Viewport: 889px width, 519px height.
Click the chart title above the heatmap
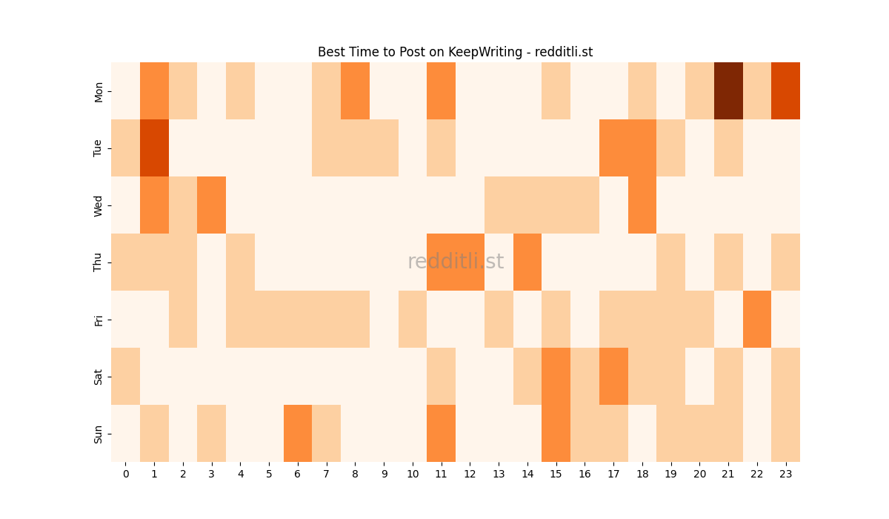click(x=455, y=52)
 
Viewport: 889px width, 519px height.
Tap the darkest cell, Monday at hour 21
click(x=728, y=90)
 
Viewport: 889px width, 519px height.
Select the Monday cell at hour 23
click(x=785, y=90)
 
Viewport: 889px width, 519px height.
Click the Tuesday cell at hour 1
click(x=154, y=148)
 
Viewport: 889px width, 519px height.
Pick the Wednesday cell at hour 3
click(x=212, y=205)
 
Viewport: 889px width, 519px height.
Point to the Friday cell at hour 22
click(x=757, y=319)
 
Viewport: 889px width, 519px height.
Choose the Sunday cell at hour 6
click(x=298, y=433)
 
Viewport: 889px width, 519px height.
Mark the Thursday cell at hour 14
click(x=527, y=262)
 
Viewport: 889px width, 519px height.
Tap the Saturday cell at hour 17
click(x=613, y=376)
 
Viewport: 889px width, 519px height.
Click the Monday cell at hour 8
click(x=355, y=90)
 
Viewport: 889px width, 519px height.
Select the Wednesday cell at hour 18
click(x=642, y=205)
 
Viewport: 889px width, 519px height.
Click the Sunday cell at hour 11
click(x=441, y=433)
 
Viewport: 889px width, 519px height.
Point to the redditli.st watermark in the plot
click(x=456, y=262)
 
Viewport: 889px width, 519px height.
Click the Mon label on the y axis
click(x=99, y=91)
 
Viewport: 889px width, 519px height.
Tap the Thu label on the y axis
click(x=99, y=262)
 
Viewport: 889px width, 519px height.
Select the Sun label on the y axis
click(x=99, y=434)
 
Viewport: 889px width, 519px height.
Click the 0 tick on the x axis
click(x=125, y=473)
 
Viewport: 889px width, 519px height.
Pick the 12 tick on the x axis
click(x=470, y=473)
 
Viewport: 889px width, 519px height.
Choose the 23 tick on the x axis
click(x=785, y=473)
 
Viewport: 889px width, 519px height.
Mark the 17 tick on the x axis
click(x=613, y=473)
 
